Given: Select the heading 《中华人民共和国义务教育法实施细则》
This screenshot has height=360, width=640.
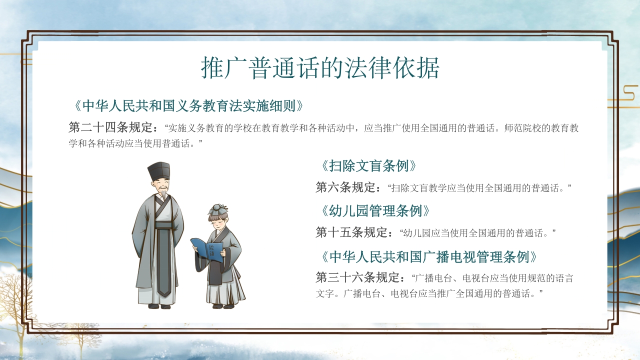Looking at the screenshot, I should click(187, 106).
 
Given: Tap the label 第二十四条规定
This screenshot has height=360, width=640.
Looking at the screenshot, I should click(113, 127).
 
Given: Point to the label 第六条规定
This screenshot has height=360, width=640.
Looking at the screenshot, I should click(348, 188).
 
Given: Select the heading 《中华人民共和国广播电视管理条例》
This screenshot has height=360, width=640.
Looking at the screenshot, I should click(429, 257).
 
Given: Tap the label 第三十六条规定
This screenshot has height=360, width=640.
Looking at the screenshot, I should click(360, 277).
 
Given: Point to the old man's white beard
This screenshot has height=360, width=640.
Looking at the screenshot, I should click(162, 196).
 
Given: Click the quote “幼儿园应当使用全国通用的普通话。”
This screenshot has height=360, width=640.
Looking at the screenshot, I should click(478, 233).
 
